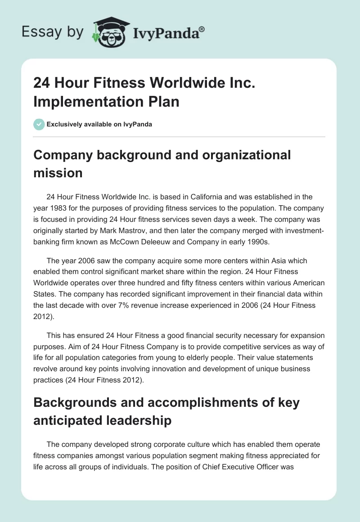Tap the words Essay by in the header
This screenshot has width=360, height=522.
coord(52,32)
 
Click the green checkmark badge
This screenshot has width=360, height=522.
coord(39,124)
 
